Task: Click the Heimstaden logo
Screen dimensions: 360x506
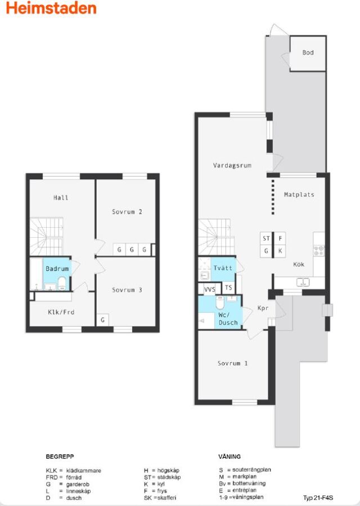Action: pyautogui.click(x=51, y=8)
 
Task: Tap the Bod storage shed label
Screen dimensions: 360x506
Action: pyautogui.click(x=308, y=52)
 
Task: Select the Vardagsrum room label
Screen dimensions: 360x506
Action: pyautogui.click(x=232, y=165)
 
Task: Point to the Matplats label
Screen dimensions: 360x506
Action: pyautogui.click(x=299, y=195)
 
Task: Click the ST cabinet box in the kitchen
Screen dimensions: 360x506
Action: pyautogui.click(x=267, y=238)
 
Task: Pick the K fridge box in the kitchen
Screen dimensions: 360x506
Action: pyautogui.click(x=280, y=251)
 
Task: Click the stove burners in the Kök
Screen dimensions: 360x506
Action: pyautogui.click(x=319, y=251)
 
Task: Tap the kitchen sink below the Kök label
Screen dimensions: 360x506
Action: pyautogui.click(x=303, y=282)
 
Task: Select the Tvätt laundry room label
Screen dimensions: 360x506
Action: pyautogui.click(x=223, y=268)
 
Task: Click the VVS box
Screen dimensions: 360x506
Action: pyautogui.click(x=210, y=289)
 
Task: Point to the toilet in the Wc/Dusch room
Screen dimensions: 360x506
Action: pyautogui.click(x=220, y=302)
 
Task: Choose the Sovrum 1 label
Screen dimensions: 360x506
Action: pyautogui.click(x=232, y=363)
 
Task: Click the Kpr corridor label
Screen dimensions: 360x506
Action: pyautogui.click(x=263, y=308)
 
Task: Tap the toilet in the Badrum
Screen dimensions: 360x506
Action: pyautogui.click(x=62, y=284)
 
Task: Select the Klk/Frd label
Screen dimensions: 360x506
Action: pyautogui.click(x=61, y=312)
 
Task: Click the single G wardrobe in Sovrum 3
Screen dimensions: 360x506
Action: pyautogui.click(x=103, y=320)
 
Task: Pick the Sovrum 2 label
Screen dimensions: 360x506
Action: pyautogui.click(x=127, y=212)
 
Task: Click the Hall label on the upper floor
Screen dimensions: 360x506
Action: pyautogui.click(x=61, y=197)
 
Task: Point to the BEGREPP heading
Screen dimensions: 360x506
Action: pyautogui.click(x=60, y=457)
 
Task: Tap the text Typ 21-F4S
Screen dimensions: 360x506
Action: pyautogui.click(x=318, y=498)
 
